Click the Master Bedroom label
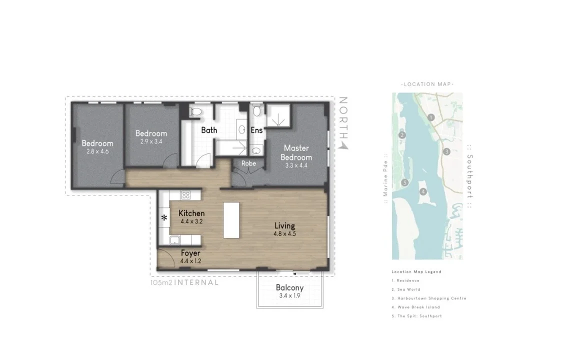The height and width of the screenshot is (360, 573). click(296, 152)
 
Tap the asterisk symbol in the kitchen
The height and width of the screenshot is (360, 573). click(164, 218)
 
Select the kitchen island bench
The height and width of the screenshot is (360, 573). click(231, 219)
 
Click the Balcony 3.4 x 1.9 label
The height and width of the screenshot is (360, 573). click(289, 292)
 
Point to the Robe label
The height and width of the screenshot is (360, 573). click(248, 163)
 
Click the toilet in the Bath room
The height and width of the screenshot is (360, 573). click(196, 112)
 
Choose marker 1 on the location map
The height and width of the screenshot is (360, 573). click(431, 117)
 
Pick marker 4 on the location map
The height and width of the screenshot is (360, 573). click(423, 191)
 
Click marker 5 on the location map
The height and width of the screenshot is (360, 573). click(405, 182)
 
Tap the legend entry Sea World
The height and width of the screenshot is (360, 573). click(406, 289)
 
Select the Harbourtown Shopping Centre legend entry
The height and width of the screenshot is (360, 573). click(428, 298)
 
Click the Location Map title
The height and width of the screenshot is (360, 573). click(427, 84)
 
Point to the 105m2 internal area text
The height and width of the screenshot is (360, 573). click(184, 282)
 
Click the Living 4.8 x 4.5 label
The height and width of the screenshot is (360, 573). click(284, 229)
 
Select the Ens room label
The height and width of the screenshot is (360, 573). click(256, 130)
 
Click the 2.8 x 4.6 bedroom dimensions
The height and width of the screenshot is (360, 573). click(97, 151)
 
